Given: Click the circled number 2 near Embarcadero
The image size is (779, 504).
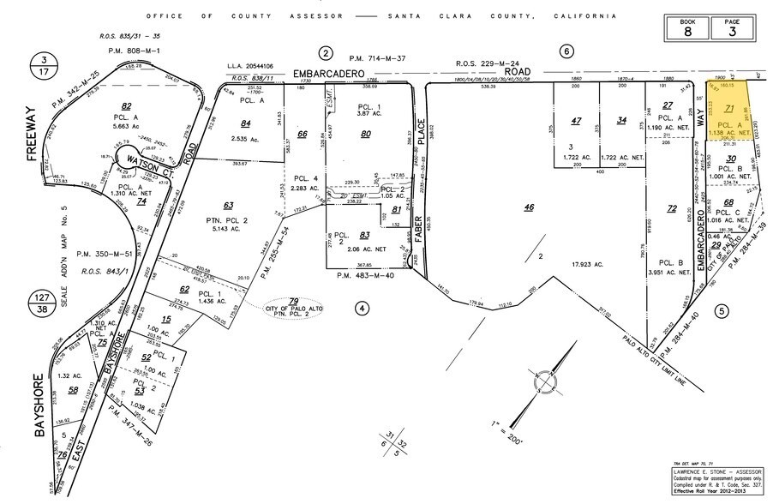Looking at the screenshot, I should pyautogui.click(x=325, y=53).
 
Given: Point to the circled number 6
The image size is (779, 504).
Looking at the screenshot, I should pyautogui.click(x=566, y=51).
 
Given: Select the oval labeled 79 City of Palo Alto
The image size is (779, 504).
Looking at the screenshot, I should pyautogui.click(x=292, y=304).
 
